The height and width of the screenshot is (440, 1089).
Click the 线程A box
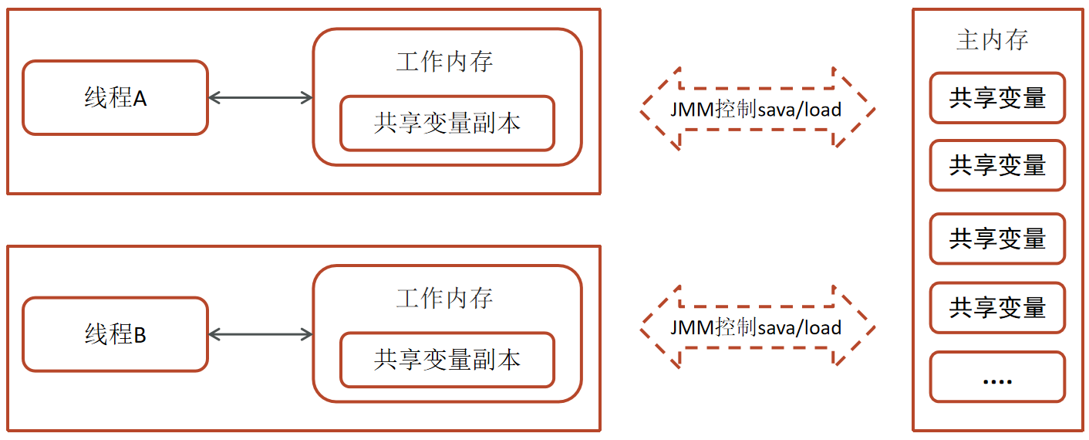point(115,98)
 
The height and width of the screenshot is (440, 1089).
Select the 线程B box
point(115,334)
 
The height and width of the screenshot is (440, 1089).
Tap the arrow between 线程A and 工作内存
point(261,97)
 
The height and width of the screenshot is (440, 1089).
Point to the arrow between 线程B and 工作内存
point(261,334)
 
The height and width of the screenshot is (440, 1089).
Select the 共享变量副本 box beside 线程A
point(447,124)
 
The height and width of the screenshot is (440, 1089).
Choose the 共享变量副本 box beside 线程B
point(447,360)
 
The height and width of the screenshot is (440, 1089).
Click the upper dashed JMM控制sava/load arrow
point(757,109)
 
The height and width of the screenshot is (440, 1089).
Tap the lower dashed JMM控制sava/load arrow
point(757,327)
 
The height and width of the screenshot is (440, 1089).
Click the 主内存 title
point(992,40)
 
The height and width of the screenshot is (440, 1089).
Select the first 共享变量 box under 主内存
point(997,98)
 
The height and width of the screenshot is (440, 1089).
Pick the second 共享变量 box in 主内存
point(997,165)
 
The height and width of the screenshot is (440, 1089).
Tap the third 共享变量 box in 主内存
point(997,239)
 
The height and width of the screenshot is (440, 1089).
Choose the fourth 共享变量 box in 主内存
point(997,308)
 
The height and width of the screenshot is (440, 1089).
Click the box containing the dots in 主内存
point(997,377)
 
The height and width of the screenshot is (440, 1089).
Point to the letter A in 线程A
point(140,100)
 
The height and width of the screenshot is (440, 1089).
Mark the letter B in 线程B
point(140,336)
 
